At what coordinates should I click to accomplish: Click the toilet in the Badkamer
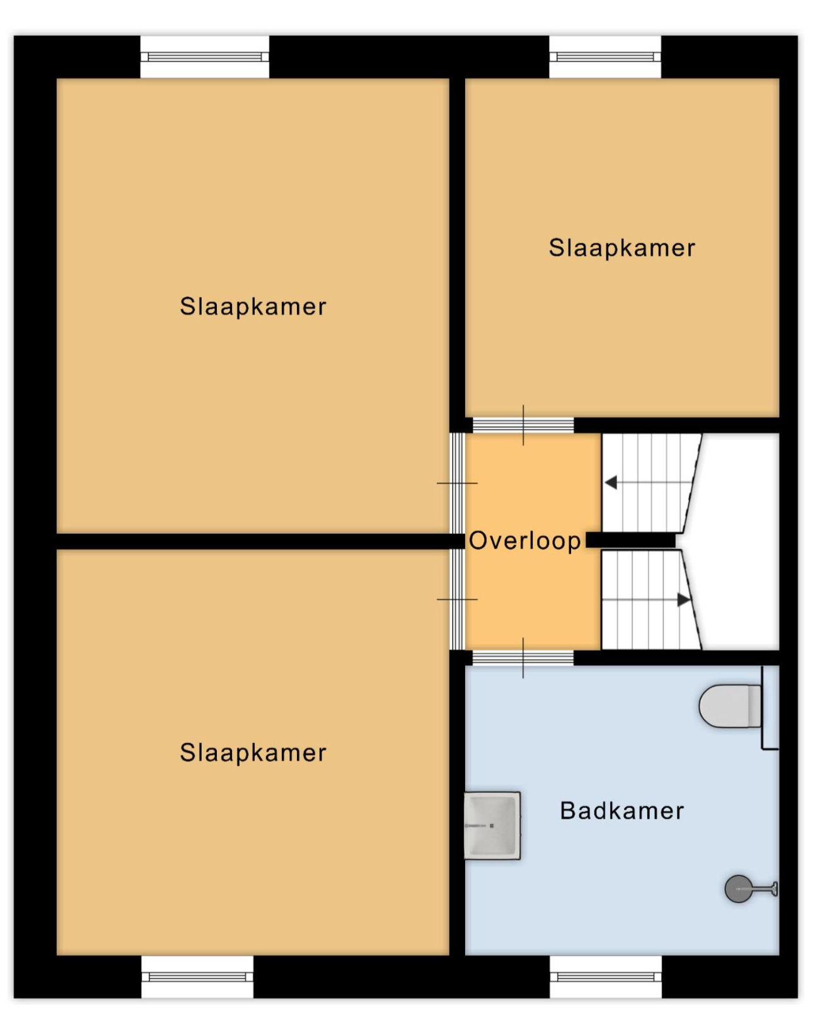click(729, 706)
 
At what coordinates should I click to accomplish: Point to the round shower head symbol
click(738, 889)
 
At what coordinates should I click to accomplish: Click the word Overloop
click(524, 540)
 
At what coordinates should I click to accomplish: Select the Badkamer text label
click(622, 811)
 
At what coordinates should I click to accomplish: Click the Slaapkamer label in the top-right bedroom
click(622, 248)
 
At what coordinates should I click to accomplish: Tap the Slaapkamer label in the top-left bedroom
click(253, 306)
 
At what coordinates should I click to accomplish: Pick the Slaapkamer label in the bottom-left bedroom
click(253, 753)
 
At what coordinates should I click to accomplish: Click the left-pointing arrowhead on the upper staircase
click(611, 482)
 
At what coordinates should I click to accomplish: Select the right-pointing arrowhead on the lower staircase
click(683, 600)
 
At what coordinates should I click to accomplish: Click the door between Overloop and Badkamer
click(523, 657)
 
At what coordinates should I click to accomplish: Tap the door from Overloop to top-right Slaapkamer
click(523, 425)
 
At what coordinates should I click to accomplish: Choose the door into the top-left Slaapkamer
click(457, 483)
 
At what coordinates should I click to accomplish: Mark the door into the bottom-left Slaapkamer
click(457, 600)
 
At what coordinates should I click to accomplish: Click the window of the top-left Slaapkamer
click(205, 57)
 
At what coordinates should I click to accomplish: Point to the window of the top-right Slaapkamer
click(605, 57)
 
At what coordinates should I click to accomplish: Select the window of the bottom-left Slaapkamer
click(197, 976)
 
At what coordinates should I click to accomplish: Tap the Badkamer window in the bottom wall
click(606, 976)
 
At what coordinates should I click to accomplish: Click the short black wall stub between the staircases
click(631, 540)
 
